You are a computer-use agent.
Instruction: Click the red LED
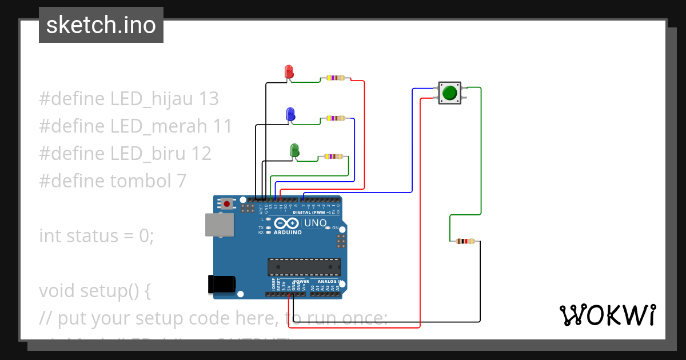click(x=289, y=71)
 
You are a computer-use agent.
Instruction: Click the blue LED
click(x=290, y=114)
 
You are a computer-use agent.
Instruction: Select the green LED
click(x=294, y=150)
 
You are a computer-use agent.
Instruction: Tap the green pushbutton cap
click(x=449, y=93)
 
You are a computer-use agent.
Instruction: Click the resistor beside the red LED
click(x=336, y=78)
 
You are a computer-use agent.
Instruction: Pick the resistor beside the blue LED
click(x=335, y=118)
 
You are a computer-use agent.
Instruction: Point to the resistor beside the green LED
click(x=333, y=156)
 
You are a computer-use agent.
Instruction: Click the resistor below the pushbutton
click(x=465, y=241)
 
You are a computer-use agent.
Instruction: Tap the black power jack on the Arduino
click(x=222, y=284)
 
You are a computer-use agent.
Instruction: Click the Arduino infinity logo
click(x=285, y=223)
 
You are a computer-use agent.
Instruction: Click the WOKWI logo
click(x=607, y=315)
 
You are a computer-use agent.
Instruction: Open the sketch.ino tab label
click(x=101, y=25)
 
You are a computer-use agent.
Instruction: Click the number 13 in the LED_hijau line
click(x=209, y=99)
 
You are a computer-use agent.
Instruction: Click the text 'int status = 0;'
click(x=97, y=235)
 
